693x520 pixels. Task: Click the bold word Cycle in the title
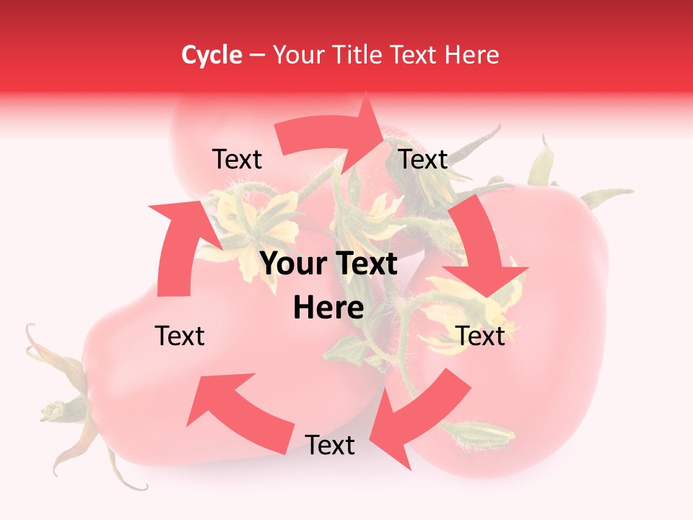(212, 55)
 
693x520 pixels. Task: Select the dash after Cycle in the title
(257, 56)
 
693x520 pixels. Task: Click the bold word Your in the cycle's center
(291, 264)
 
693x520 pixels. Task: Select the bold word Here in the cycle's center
(328, 308)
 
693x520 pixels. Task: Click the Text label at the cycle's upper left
(237, 160)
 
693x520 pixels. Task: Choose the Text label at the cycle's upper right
(424, 160)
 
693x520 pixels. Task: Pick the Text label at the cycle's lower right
(481, 336)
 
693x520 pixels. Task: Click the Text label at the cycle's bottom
(330, 446)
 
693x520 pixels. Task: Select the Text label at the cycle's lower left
(180, 336)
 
